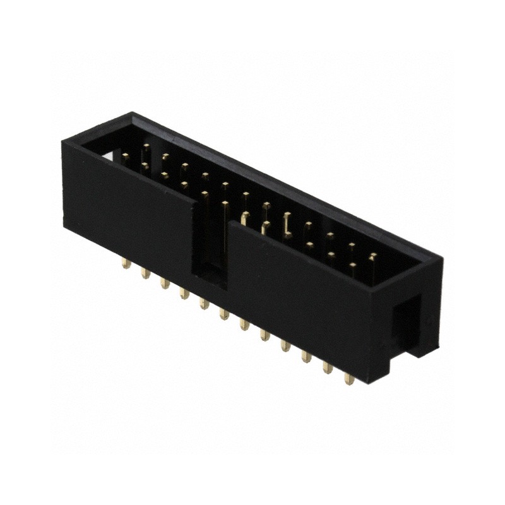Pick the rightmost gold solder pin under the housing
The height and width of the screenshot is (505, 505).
(x=348, y=378)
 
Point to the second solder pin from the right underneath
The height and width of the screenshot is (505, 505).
(x=328, y=367)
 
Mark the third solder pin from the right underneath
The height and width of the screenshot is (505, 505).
(x=306, y=356)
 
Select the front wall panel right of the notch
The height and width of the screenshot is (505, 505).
(x=297, y=284)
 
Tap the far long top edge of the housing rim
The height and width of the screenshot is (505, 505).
(x=284, y=183)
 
